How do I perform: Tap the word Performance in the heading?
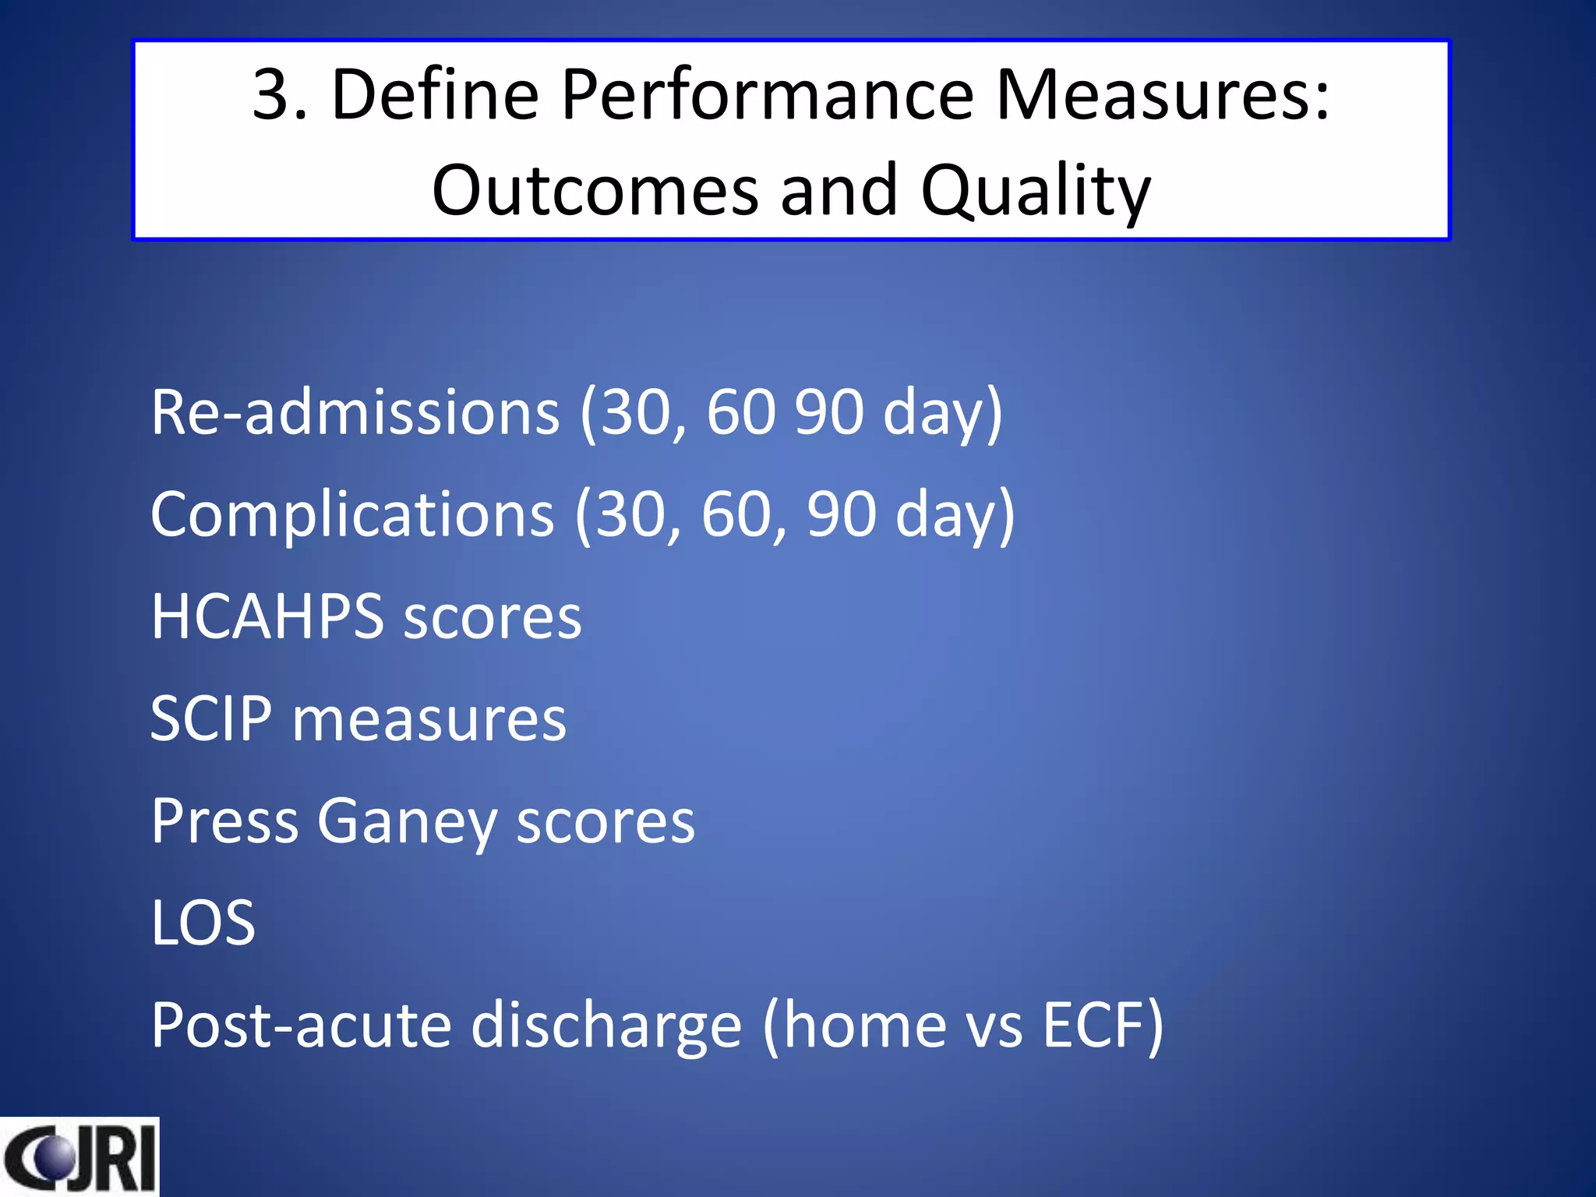[768, 95]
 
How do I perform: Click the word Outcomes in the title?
[595, 192]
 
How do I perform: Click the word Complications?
[352, 514]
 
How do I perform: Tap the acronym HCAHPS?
[267, 616]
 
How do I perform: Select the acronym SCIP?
[211, 719]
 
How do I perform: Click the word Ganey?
[407, 823]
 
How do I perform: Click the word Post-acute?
[301, 1026]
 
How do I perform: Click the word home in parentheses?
[865, 1026]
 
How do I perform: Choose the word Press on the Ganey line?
[224, 821]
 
